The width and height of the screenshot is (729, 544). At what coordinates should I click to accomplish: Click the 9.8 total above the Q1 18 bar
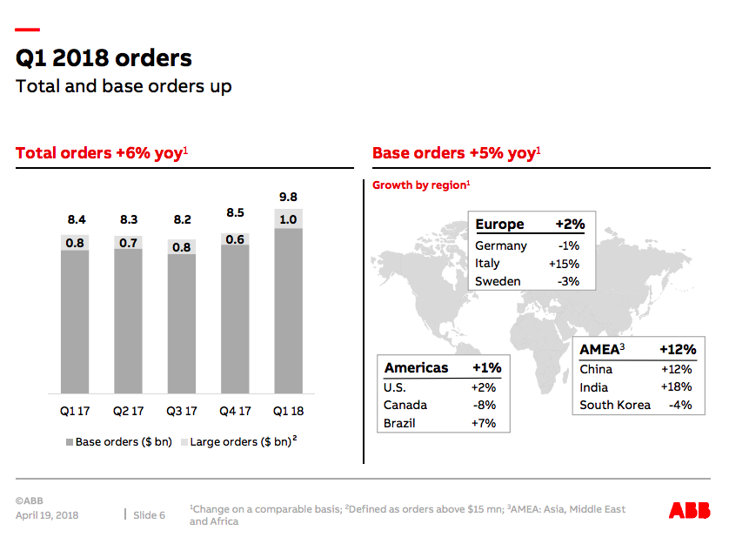click(x=287, y=197)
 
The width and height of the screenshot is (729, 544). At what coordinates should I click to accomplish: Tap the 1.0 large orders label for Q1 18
click(x=287, y=219)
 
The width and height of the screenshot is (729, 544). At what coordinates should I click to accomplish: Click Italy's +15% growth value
click(x=564, y=264)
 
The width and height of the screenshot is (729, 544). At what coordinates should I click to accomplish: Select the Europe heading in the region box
click(x=499, y=225)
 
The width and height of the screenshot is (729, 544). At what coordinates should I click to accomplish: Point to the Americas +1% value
click(x=486, y=368)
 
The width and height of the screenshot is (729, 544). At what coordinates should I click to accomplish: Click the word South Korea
click(x=615, y=405)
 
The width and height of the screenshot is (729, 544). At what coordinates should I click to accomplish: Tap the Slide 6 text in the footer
click(x=149, y=515)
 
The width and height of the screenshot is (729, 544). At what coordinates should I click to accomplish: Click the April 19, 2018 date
click(x=47, y=515)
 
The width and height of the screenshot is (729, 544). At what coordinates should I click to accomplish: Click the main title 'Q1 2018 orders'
click(x=104, y=58)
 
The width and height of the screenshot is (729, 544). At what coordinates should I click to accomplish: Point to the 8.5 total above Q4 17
click(x=235, y=212)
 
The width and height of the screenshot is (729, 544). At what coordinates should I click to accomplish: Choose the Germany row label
click(x=500, y=245)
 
